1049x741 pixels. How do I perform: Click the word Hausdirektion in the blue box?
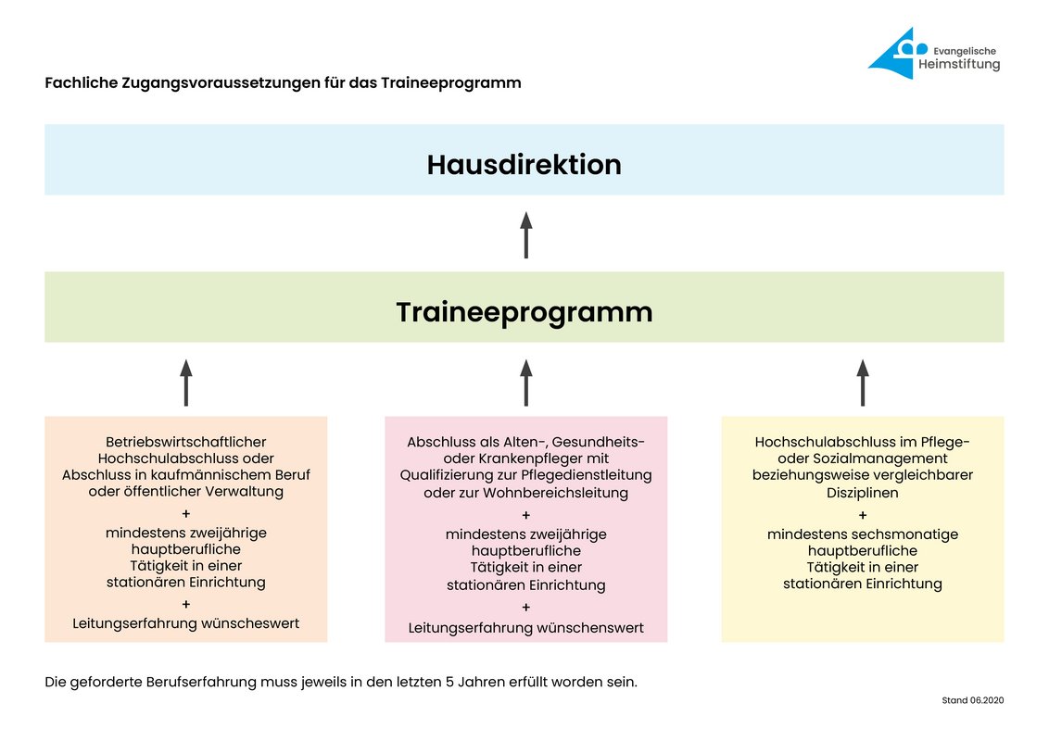click(524, 164)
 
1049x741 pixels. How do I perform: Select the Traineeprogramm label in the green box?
click(524, 312)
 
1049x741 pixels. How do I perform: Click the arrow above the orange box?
click(186, 383)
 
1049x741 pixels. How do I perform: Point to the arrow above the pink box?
click(526, 383)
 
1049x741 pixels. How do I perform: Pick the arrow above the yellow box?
click(863, 383)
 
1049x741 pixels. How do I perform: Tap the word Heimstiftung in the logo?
click(959, 65)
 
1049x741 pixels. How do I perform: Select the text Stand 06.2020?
click(972, 700)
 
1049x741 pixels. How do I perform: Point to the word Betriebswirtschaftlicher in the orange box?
click(186, 442)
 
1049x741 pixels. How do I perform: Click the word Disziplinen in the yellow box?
click(863, 493)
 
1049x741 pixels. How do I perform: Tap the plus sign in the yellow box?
click(863, 515)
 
